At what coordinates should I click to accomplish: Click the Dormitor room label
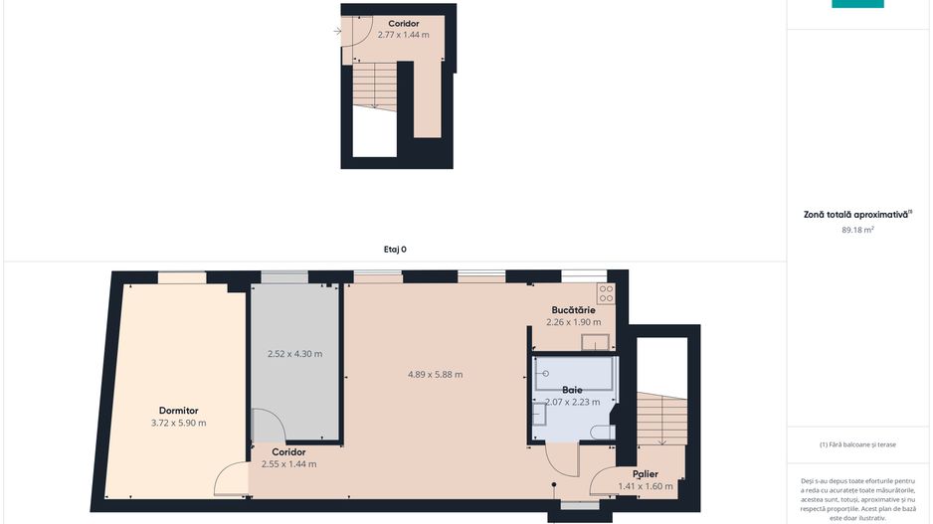point(179,410)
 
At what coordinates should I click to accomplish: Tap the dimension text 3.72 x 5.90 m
point(179,423)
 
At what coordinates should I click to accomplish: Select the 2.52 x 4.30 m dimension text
point(295,354)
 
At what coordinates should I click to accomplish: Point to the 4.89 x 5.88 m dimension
point(436,374)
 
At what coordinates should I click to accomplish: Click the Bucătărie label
point(573,310)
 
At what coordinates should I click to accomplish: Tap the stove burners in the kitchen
point(606,294)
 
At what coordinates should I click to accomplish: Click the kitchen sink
point(595,343)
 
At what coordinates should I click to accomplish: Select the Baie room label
point(572,390)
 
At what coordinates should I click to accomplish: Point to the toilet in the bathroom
point(601,433)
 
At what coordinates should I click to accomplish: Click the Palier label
point(646,473)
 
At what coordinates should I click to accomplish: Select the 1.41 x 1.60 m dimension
point(646,486)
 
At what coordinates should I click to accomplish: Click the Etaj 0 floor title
point(395,250)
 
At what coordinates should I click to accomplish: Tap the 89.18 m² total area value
point(857,230)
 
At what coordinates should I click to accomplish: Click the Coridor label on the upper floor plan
point(403,23)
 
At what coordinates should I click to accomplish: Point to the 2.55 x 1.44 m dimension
point(288,463)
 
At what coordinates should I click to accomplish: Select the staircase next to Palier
point(661,418)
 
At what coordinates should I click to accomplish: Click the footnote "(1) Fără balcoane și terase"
point(857,444)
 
